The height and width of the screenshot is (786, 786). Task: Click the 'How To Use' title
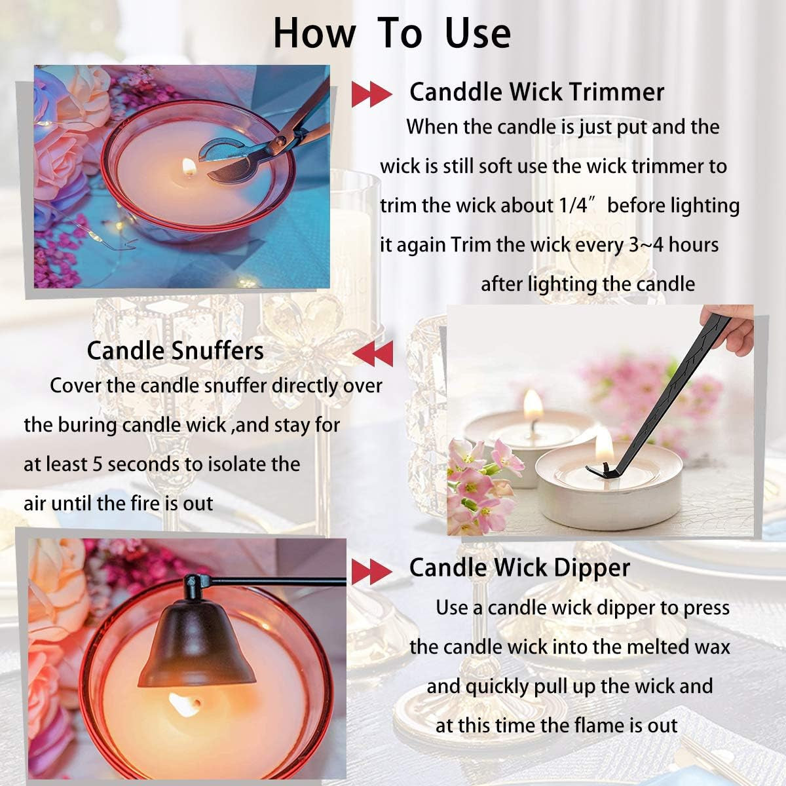[392, 33]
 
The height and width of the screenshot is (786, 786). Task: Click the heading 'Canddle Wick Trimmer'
[537, 92]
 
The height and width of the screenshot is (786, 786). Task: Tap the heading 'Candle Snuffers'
[176, 351]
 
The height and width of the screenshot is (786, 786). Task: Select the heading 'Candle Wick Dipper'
[519, 568]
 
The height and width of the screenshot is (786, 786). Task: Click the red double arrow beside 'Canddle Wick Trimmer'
[371, 94]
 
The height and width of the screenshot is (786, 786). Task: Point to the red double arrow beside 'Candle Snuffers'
[373, 354]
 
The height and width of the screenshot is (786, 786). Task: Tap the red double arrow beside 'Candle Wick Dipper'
[371, 571]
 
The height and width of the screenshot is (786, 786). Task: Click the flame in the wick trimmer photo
[189, 166]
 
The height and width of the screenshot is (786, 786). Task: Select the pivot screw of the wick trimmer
[280, 141]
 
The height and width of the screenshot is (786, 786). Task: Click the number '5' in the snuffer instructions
[98, 464]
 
